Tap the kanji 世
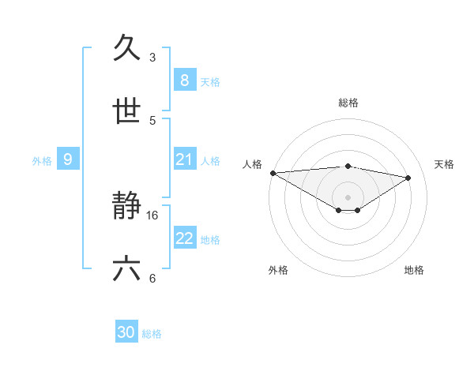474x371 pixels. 127,111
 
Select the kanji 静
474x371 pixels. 127,207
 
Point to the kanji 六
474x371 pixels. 127,269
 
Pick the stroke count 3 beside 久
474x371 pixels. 152,58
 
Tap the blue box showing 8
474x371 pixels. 184,81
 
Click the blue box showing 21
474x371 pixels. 184,160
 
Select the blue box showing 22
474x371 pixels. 184,238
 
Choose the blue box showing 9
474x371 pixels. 68,160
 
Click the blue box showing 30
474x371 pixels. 126,333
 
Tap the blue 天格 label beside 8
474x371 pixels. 210,81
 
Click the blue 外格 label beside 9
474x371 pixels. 42,161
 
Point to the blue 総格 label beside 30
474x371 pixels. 152,334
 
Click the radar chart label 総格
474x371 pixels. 348,103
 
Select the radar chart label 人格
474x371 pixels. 252,164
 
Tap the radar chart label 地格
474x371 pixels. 414,270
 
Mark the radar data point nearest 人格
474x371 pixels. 273,173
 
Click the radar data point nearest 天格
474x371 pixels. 408,178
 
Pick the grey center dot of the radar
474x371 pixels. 348,197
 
